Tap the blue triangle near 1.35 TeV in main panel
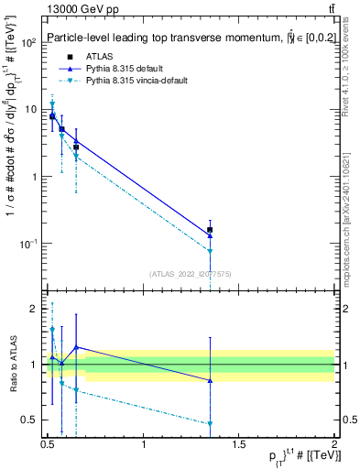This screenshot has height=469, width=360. coord(211,235)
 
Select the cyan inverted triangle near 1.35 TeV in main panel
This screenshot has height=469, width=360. coord(211,251)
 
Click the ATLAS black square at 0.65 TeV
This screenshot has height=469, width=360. coord(76,147)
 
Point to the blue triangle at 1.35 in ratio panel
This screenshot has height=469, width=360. coord(211,380)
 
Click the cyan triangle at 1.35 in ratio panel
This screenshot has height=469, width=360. coord(211,423)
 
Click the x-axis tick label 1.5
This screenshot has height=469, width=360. coord(239,443)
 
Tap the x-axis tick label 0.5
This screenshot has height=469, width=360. coord(48,443)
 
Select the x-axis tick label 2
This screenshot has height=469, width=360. coord(334,443)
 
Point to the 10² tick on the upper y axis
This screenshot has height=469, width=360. coord(29,42)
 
